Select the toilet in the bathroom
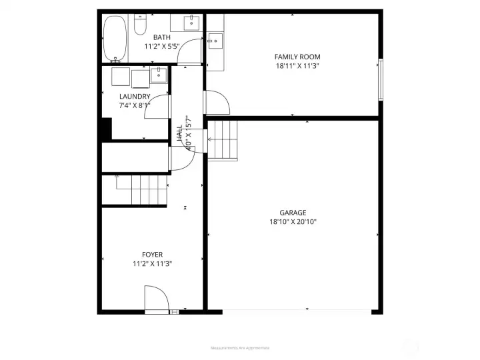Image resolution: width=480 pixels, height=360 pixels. pos(140,25)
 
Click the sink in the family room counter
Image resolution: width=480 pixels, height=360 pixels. pos(215,41)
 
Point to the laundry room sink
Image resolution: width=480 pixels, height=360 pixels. pos(159,73)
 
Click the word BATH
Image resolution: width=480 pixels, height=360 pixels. pos(162,37)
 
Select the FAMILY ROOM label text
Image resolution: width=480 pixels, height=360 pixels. pos(297,57)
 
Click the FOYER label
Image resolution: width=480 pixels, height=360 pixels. pos(152,255)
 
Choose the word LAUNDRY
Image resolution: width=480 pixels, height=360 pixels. pos(135,96)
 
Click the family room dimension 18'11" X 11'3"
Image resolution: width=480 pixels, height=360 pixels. pos(297,66)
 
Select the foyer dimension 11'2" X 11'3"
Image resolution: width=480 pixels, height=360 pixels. pos(152,263)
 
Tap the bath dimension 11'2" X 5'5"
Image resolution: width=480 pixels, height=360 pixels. pos(162,46)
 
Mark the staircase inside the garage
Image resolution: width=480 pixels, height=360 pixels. pos(224,140)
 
